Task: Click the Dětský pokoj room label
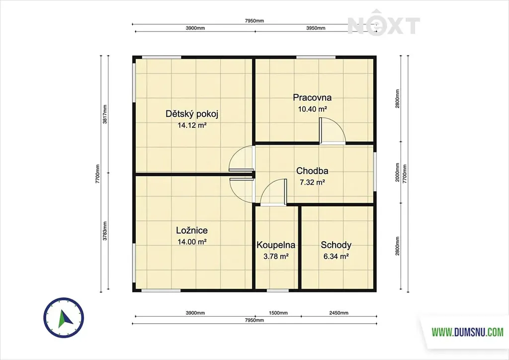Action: [x=192, y=114]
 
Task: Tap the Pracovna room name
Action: [x=312, y=97]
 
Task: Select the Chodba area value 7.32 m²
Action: [x=312, y=182]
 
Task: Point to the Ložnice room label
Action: [x=192, y=231]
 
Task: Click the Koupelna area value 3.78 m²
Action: [x=276, y=257]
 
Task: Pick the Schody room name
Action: [x=336, y=245]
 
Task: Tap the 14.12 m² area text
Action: [x=192, y=125]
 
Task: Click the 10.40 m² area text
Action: [x=312, y=109]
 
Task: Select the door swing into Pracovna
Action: [x=333, y=130]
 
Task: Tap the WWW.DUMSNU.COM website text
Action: [x=467, y=332]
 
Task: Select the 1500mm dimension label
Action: [x=278, y=313]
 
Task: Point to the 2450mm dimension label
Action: [x=339, y=313]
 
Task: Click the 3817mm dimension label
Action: [x=105, y=114]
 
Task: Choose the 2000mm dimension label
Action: [x=398, y=173]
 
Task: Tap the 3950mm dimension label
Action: [x=316, y=28]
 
